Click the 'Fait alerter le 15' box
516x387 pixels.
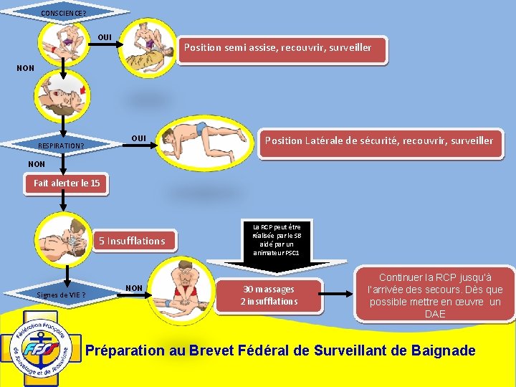[x=67, y=183]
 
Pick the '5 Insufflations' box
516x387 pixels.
[x=136, y=241]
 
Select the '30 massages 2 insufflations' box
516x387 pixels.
[x=269, y=295]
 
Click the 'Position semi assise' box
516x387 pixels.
[x=278, y=48]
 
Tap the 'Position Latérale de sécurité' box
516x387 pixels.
[x=378, y=141]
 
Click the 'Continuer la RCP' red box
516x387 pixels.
[x=435, y=295]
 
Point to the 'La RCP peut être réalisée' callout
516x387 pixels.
[x=276, y=240]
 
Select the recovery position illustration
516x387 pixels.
[x=207, y=140]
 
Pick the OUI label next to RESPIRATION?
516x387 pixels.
[x=138, y=138]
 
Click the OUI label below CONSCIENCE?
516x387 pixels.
[x=105, y=37]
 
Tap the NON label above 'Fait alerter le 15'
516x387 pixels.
[x=36, y=164]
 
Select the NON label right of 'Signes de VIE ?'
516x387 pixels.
[x=134, y=288]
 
